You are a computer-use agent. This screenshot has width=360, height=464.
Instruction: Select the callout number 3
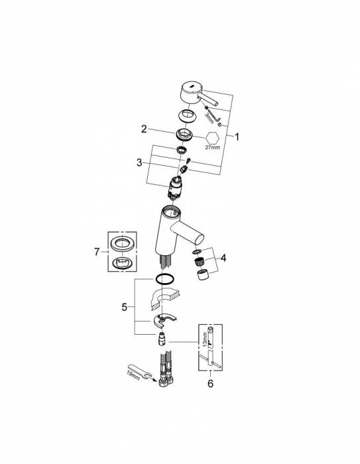point(139,162)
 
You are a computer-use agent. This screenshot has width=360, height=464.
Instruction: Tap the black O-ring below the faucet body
point(164,278)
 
